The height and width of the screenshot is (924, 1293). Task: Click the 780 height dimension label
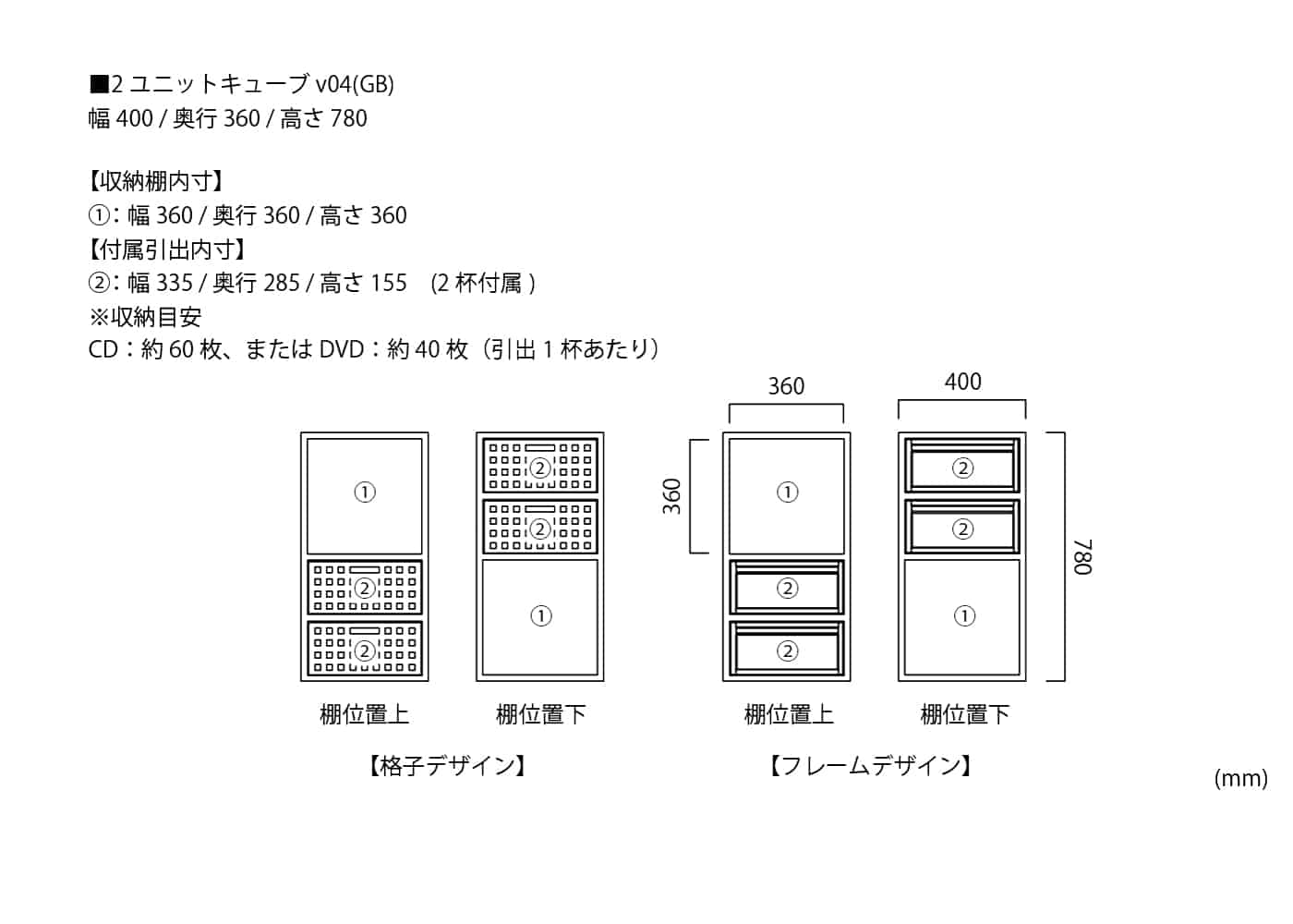tap(1083, 557)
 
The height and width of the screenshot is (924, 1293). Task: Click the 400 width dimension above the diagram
tap(962, 382)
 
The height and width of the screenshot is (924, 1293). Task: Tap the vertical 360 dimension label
tap(672, 496)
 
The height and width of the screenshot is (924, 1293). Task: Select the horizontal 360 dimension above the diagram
tap(786, 386)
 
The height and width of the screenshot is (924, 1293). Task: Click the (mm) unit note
tap(1240, 778)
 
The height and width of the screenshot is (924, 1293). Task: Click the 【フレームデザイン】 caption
tap(870, 766)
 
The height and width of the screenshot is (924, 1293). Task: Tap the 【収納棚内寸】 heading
tap(157, 181)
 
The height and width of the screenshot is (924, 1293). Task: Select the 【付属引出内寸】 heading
tap(167, 249)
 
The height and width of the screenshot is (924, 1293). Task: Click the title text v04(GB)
tap(355, 84)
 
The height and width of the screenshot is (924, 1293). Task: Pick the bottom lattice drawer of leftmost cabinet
tap(365, 650)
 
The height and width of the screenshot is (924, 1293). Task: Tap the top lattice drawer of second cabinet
tap(540, 467)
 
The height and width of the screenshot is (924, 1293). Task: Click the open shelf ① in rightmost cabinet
tap(963, 616)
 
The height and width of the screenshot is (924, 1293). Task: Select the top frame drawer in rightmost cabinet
tap(962, 467)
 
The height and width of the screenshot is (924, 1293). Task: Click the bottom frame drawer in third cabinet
tap(787, 650)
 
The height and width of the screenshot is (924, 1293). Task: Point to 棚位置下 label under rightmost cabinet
tap(964, 714)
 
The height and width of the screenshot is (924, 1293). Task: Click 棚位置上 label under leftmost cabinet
tap(364, 714)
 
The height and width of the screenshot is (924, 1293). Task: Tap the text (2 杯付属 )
tap(483, 283)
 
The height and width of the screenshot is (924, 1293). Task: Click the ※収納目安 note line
tap(145, 317)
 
